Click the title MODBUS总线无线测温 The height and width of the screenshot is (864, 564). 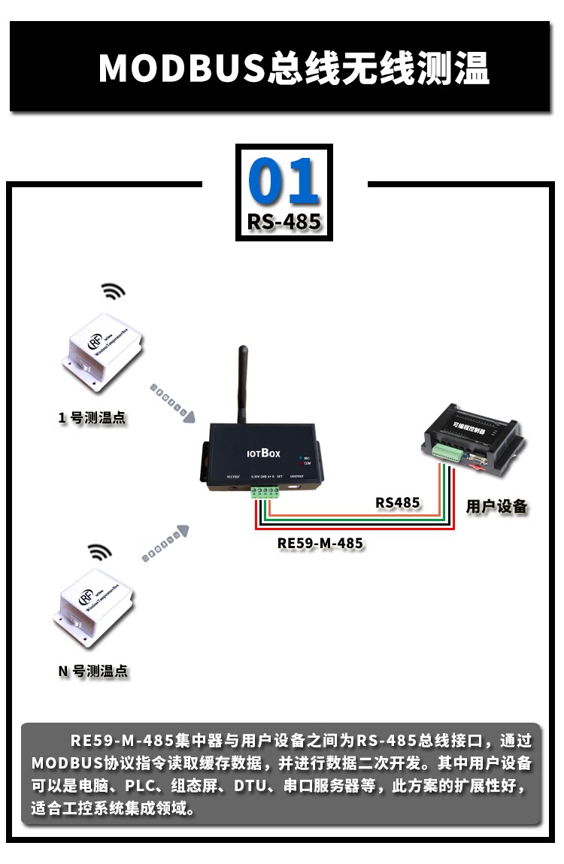click(x=293, y=68)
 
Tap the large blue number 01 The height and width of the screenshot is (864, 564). click(x=284, y=183)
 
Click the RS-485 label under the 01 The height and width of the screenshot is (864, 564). click(x=284, y=222)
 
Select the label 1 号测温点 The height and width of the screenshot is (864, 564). click(x=92, y=418)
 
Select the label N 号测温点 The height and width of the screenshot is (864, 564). click(x=93, y=671)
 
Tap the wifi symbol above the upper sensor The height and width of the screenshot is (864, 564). click(x=114, y=292)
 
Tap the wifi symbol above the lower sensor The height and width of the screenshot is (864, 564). click(x=99, y=552)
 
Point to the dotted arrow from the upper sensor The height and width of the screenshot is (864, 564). click(x=173, y=402)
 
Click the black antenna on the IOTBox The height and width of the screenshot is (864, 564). click(x=244, y=387)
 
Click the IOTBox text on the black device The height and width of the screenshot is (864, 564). click(x=263, y=453)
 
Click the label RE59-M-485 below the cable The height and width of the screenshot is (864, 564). click(x=320, y=543)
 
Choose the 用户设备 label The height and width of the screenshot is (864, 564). click(x=496, y=506)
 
